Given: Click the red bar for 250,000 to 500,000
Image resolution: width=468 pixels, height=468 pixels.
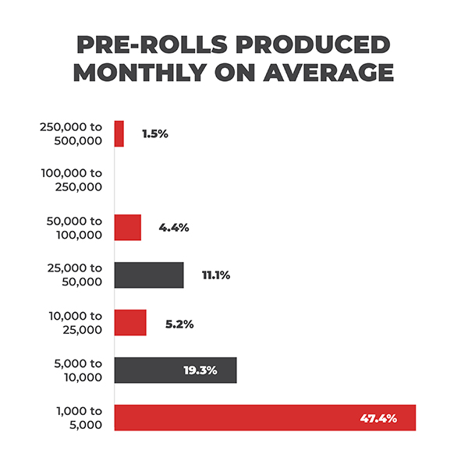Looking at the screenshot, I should pyautogui.click(x=119, y=133).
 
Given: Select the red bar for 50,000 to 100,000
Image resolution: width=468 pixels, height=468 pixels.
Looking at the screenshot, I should pyautogui.click(x=128, y=228).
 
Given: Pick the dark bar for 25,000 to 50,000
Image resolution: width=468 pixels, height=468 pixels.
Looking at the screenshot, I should pyautogui.click(x=149, y=275).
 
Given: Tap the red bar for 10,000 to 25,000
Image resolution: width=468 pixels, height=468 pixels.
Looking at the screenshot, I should pyautogui.click(x=130, y=323).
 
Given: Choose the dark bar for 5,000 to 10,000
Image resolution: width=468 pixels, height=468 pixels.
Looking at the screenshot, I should pyautogui.click(x=175, y=370).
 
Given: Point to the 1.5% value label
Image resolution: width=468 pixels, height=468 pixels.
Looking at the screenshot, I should pyautogui.click(x=154, y=133).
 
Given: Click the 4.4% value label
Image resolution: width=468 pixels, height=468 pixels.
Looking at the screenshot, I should pyautogui.click(x=173, y=228).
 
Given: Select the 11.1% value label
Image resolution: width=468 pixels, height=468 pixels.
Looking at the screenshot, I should pyautogui.click(x=214, y=275).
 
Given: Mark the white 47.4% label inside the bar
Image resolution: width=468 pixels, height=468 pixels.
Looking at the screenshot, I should pyautogui.click(x=378, y=418).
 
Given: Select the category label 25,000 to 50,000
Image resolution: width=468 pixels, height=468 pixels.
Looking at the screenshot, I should pyautogui.click(x=76, y=275).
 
